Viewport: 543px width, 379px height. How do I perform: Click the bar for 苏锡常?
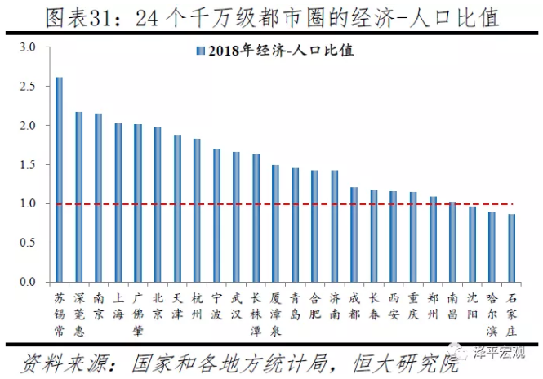(59, 180)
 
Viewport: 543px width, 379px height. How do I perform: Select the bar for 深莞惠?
(78, 197)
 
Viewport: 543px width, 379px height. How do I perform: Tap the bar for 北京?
(158, 205)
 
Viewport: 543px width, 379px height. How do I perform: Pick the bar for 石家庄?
(511, 248)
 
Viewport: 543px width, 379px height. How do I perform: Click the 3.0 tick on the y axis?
(29, 47)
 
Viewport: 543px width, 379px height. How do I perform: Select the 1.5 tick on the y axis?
(29, 165)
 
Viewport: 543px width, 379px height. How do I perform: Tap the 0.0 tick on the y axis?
(29, 283)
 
